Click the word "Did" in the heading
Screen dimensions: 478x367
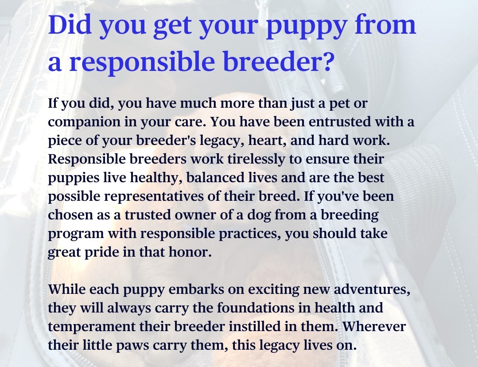70,24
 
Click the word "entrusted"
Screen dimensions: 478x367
340,121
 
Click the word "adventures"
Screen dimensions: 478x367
372,289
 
